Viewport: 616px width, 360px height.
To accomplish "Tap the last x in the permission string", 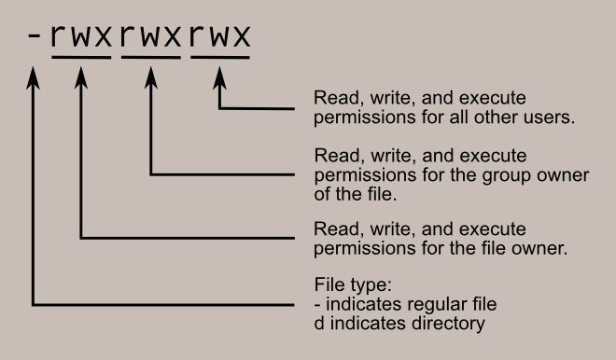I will [x=241, y=37].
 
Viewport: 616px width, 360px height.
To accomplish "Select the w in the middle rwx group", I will [x=150, y=37].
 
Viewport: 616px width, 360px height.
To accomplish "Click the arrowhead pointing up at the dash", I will [x=35, y=82].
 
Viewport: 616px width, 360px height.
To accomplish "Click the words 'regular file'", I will [x=455, y=304].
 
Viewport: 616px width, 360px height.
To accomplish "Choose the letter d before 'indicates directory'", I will [x=319, y=325].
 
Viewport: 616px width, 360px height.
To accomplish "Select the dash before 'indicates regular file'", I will [x=318, y=305].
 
